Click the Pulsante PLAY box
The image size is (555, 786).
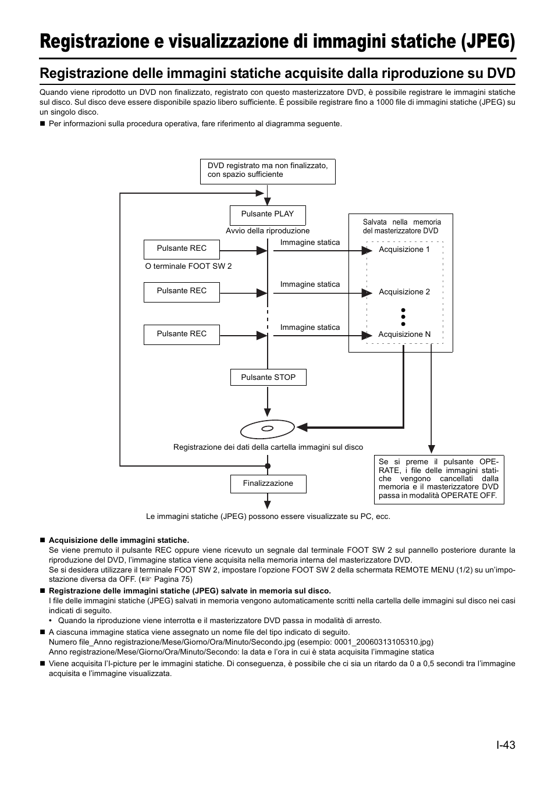click(268, 215)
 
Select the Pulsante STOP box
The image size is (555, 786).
click(268, 378)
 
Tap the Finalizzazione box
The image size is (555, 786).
click(268, 483)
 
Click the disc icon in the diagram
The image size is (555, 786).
click(267, 429)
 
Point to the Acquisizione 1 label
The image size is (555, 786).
click(404, 250)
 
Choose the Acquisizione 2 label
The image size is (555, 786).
click(404, 292)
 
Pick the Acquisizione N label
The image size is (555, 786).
click(404, 335)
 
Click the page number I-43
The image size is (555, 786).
click(506, 745)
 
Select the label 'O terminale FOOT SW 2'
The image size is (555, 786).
click(188, 266)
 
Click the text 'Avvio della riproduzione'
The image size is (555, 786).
click(268, 231)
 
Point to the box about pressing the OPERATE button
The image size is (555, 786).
click(439, 479)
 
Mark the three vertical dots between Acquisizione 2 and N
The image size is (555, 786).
click(403, 317)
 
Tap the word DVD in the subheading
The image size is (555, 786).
click(501, 74)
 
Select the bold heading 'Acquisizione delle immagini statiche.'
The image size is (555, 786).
click(119, 540)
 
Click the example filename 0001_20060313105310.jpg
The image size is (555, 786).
click(382, 642)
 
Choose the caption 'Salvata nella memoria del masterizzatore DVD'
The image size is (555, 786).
click(401, 226)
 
